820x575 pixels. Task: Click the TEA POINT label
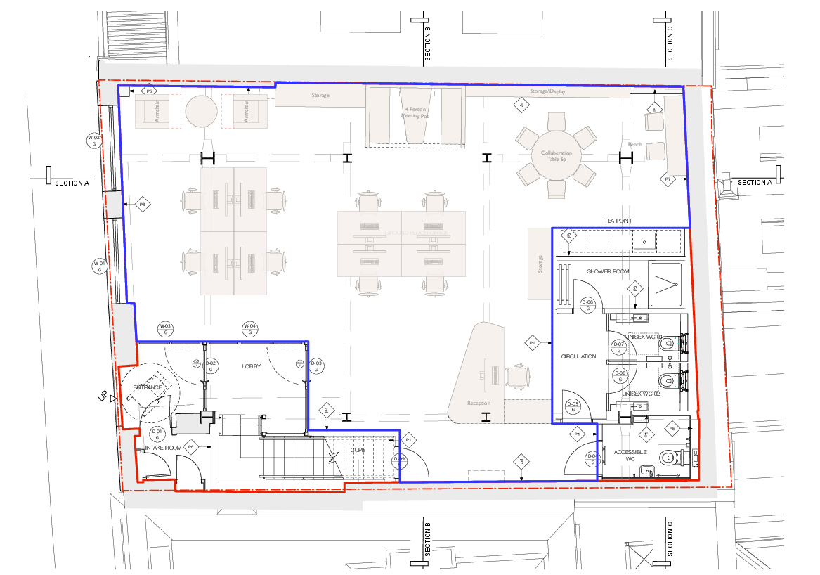coord(618,221)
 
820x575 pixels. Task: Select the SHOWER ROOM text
coord(609,271)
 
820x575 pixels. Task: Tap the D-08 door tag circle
coord(588,305)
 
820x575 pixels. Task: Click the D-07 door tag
coord(619,347)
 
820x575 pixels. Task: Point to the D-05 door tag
coord(573,407)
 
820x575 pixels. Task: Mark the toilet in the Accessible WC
coord(668,458)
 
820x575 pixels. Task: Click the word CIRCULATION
coord(578,356)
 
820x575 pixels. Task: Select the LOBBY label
coord(252,367)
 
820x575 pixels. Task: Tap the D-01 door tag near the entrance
coord(157,434)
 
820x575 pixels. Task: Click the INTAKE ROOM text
coord(163,447)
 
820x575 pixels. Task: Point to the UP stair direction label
coord(103,398)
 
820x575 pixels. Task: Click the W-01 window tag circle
coord(99,266)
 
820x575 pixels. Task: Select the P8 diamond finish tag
coord(142,205)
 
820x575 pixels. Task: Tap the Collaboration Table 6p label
coord(556,156)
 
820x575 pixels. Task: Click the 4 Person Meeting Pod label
coord(417,112)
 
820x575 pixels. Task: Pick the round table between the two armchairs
coord(202,110)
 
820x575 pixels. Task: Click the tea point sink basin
coord(644,242)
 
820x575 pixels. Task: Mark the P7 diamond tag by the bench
coord(668,180)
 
